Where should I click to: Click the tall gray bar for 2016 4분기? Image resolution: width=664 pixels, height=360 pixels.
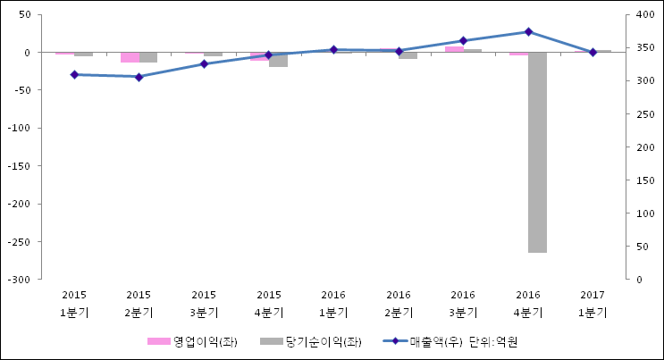point(537,152)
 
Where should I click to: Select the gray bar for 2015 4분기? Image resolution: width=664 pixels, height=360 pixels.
point(278,60)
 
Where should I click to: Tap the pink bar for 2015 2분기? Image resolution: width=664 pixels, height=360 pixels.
point(130,57)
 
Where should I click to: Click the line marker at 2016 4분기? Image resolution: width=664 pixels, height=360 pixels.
point(528,32)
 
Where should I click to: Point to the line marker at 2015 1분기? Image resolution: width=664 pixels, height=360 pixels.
point(74,75)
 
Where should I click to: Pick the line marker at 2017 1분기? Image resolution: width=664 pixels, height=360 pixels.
point(593,52)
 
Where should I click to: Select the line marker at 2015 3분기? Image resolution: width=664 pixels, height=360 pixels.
point(204,64)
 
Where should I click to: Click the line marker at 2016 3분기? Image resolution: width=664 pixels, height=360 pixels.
point(463,40)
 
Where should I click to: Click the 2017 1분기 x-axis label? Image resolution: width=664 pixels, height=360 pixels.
point(593,304)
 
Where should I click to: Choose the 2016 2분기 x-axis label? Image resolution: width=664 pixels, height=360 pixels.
point(399,304)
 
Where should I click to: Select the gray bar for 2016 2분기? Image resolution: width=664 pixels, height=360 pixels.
point(408,55)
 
